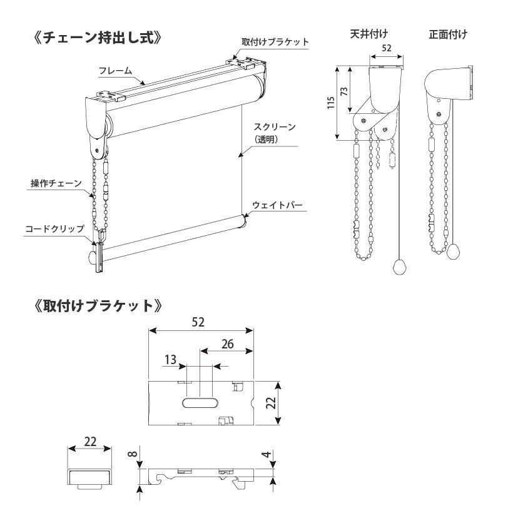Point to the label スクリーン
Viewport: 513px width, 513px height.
click(278, 127)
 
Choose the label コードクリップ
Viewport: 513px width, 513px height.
click(54, 228)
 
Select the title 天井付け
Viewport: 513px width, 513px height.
click(368, 34)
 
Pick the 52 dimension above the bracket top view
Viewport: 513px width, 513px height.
click(200, 322)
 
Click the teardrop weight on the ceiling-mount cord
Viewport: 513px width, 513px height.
click(399, 267)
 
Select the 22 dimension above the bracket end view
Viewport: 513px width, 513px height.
click(89, 442)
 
